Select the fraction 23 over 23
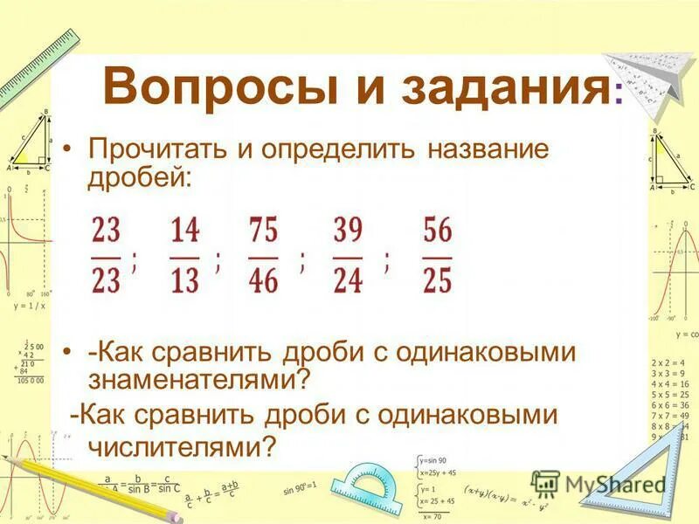pos(106,256)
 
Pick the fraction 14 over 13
pos(185,256)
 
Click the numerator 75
pos(263,231)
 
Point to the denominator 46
pos(263,281)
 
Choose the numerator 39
pos(348,231)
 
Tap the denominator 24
pos(348,281)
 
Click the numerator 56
pos(437,231)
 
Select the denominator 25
pos(437,281)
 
